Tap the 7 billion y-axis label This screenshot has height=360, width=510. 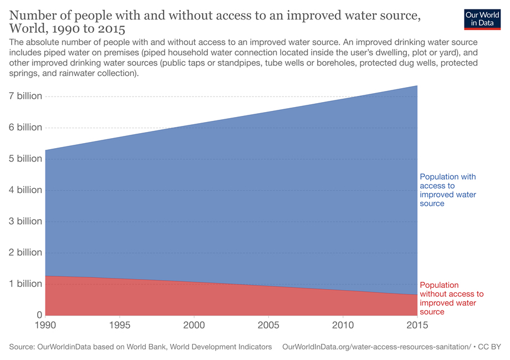click(25, 96)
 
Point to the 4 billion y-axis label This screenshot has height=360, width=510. click(25, 190)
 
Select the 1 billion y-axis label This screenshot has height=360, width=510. click(25, 283)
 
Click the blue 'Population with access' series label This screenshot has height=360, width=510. click(447, 190)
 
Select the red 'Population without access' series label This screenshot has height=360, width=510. click(451, 298)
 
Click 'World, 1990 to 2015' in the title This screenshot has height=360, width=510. click(67, 28)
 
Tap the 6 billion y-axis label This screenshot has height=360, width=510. click(25, 127)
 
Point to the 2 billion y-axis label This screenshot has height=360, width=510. click(25, 252)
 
